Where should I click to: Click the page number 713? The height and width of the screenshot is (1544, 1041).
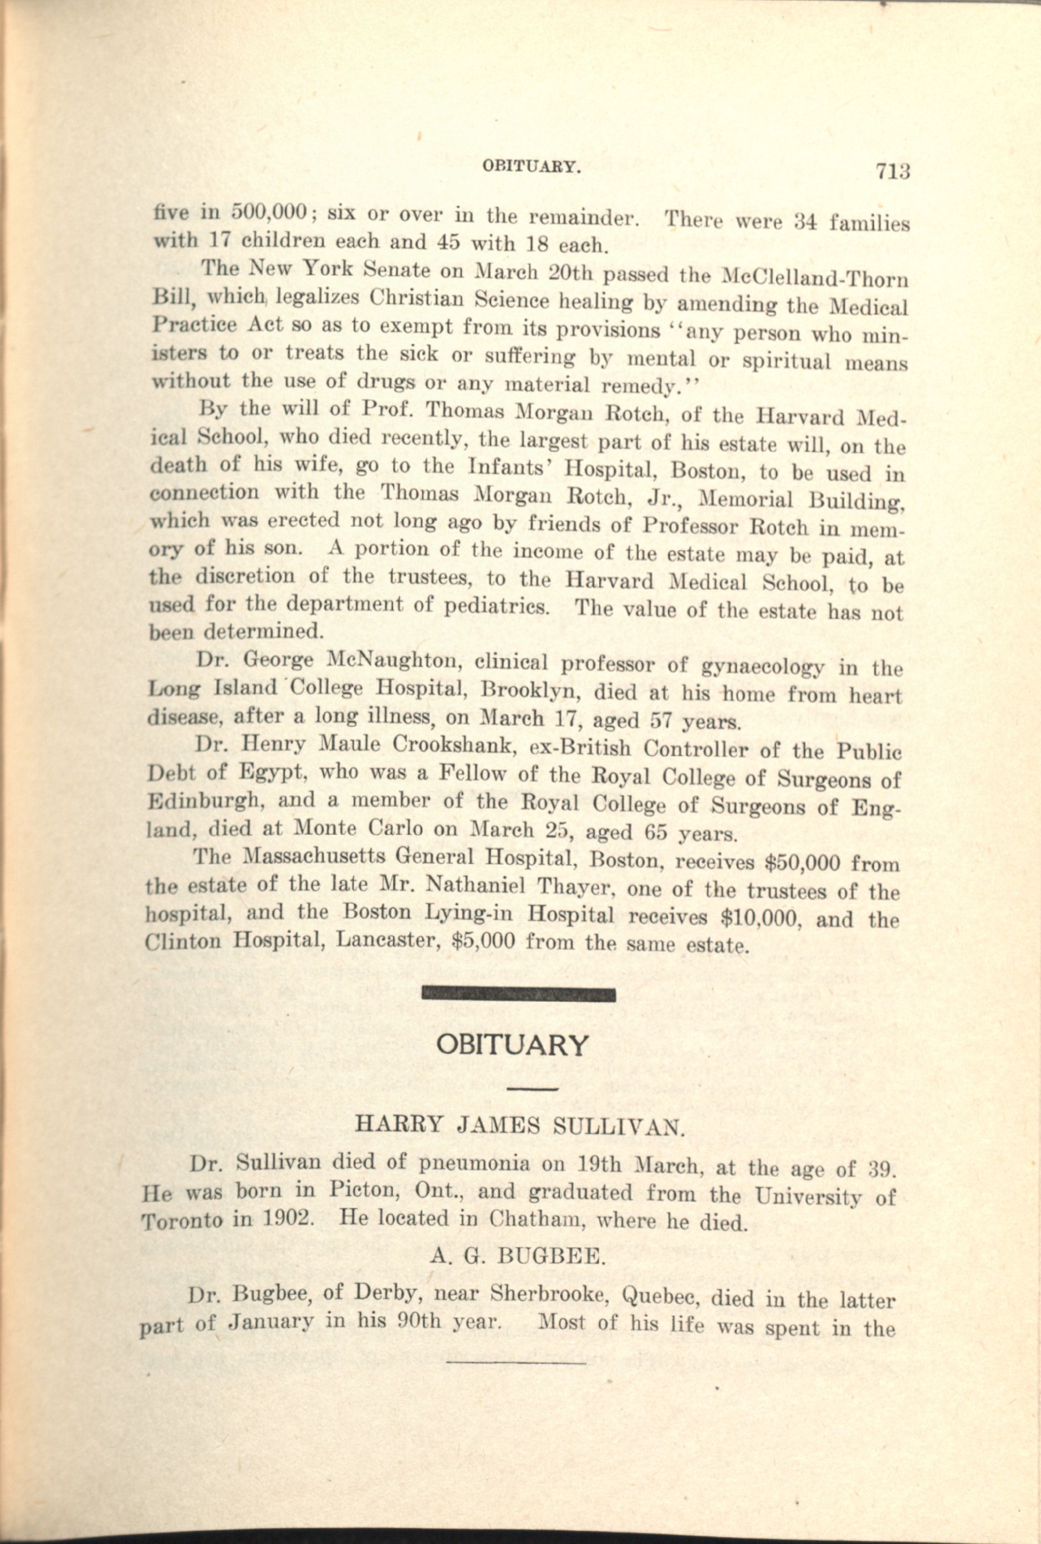tap(892, 171)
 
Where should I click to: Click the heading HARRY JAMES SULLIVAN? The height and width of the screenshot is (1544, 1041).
tap(519, 1125)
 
